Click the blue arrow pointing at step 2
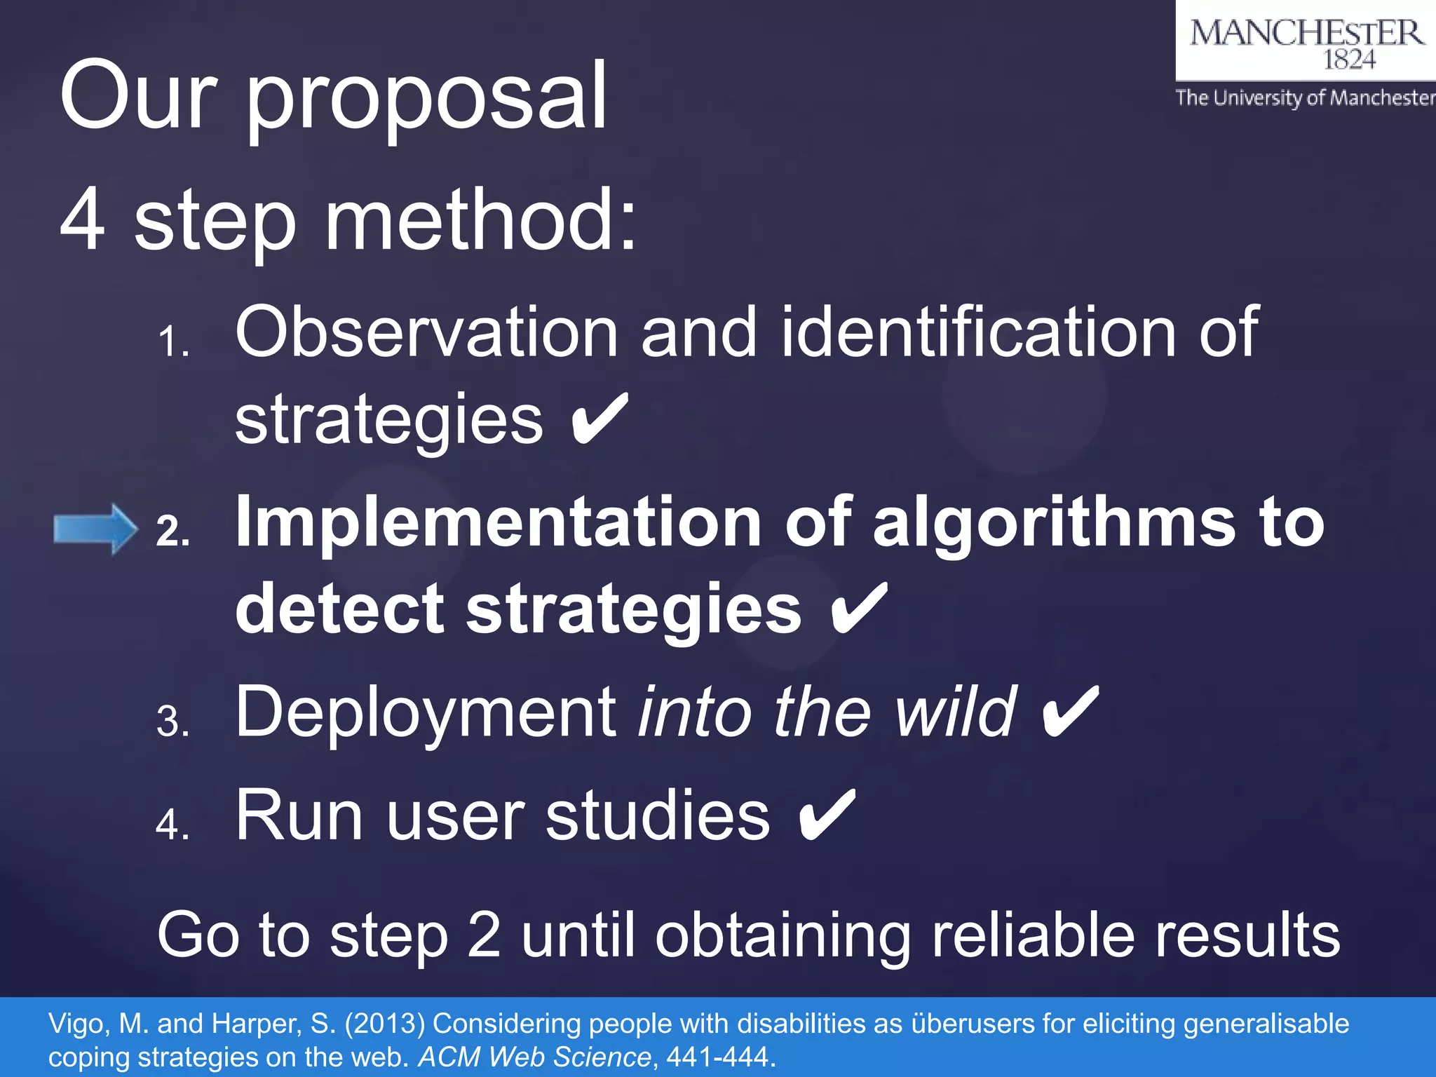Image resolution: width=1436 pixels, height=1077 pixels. [x=95, y=529]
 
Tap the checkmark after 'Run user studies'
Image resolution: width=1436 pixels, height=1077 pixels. [x=827, y=815]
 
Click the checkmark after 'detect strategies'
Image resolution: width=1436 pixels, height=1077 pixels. [x=859, y=609]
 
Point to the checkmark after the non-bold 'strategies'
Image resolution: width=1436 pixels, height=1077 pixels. [x=600, y=420]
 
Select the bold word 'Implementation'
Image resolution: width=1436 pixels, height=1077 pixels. [x=498, y=522]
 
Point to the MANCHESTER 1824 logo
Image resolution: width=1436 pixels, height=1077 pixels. [x=1306, y=42]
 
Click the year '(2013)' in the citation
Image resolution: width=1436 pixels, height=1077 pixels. [x=384, y=1024]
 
